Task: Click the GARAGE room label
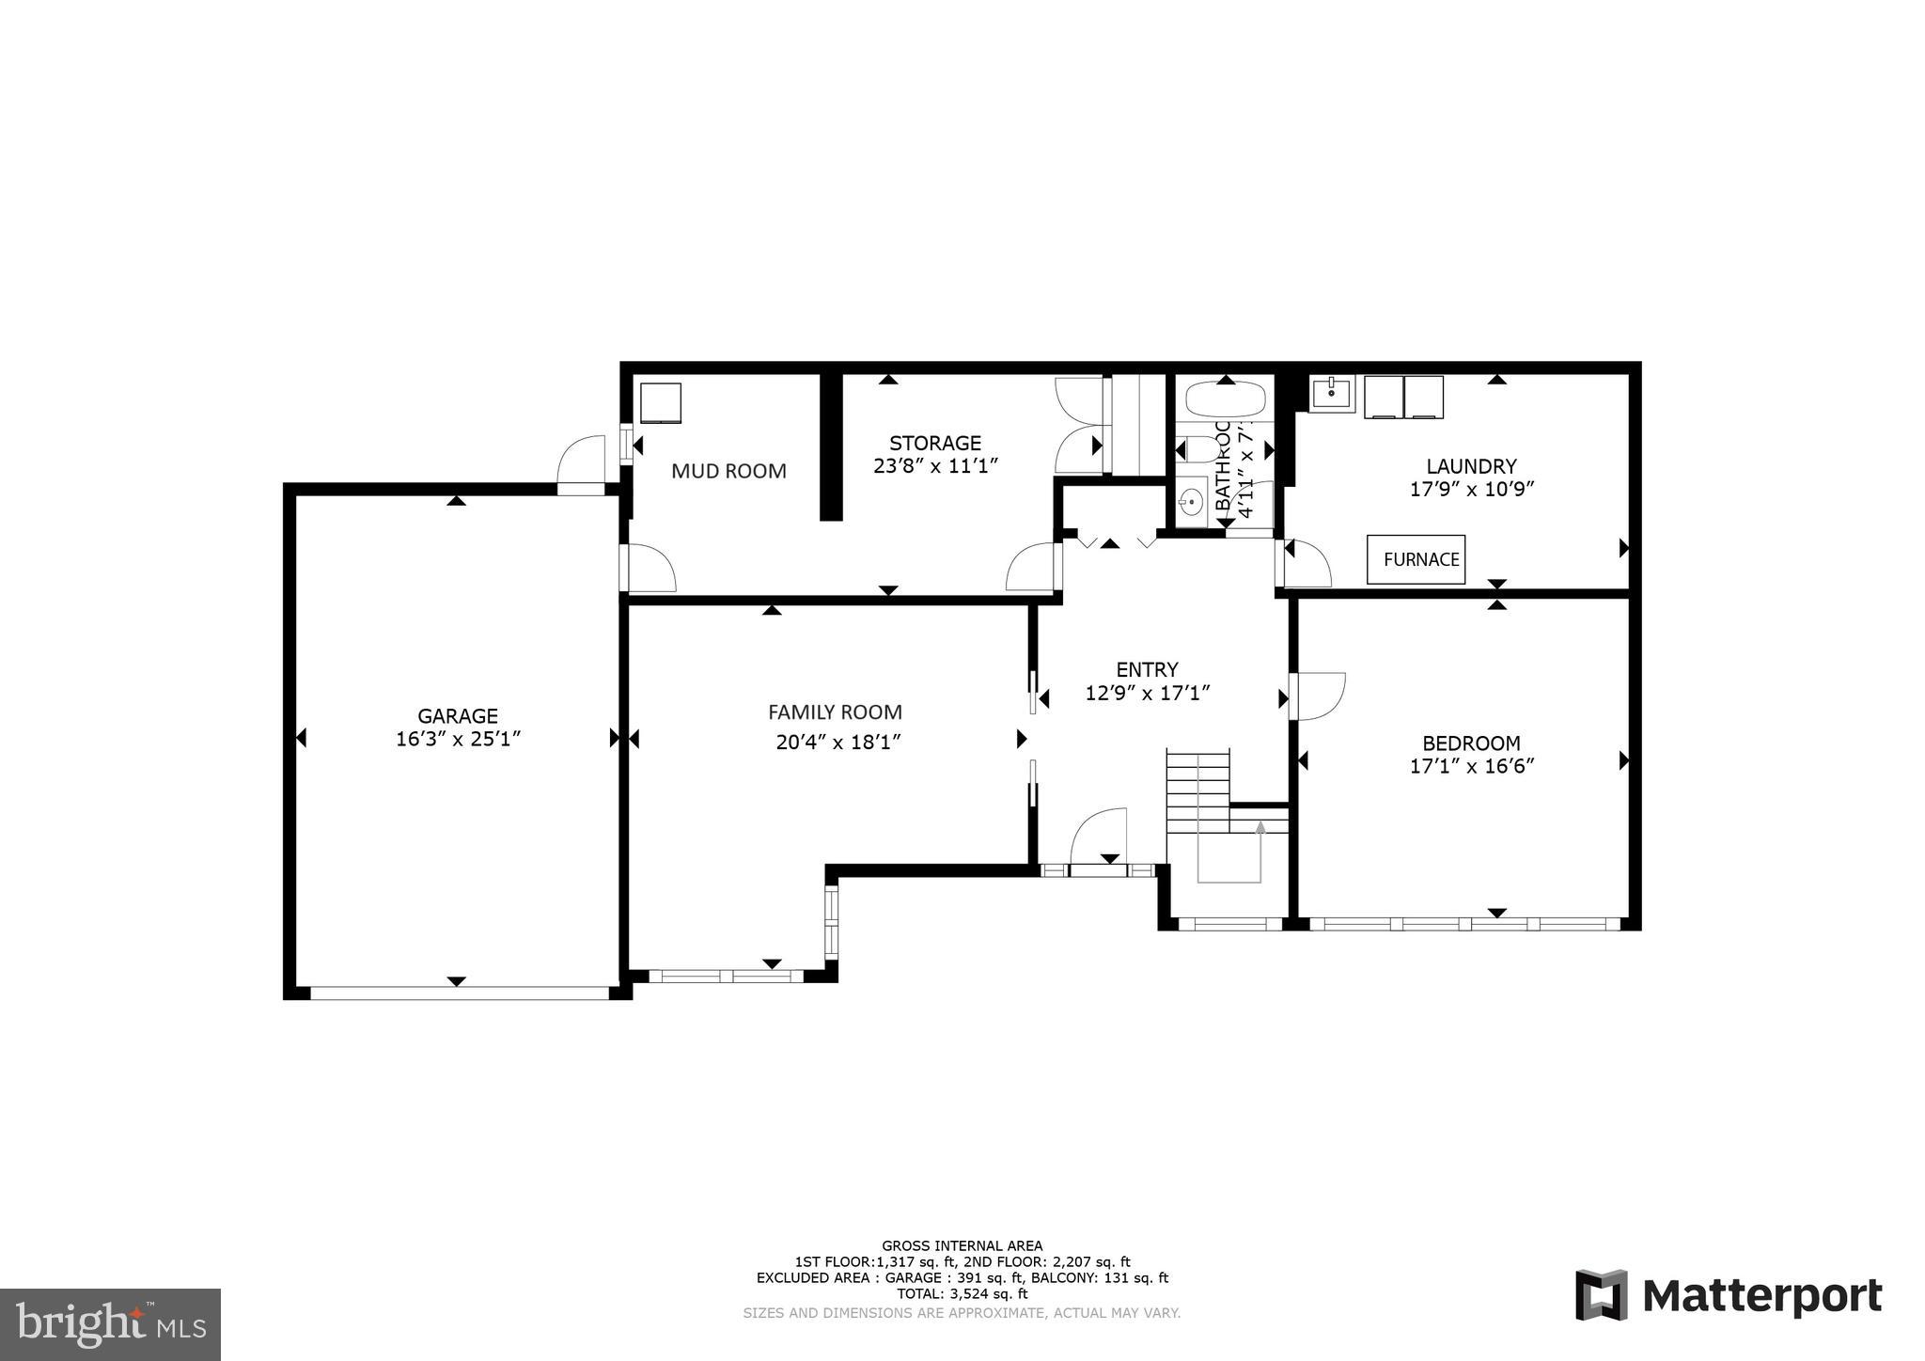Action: coord(458,716)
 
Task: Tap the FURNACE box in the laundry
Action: coord(1416,559)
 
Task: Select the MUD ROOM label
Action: coord(728,471)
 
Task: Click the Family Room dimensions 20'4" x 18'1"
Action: coord(838,743)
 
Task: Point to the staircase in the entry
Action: coord(1198,790)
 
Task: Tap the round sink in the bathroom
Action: coord(1192,503)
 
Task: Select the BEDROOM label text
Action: coord(1471,743)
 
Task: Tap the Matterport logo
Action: coord(1729,1295)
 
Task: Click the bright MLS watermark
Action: coord(110,1324)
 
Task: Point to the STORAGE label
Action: coord(935,443)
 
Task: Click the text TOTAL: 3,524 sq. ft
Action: coord(962,1293)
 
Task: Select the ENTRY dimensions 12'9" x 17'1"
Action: coord(1147,694)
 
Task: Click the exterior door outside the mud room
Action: coord(581,462)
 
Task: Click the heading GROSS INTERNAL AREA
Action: coord(962,1245)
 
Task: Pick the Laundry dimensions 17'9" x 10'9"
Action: coord(1471,489)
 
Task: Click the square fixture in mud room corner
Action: coord(661,403)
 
